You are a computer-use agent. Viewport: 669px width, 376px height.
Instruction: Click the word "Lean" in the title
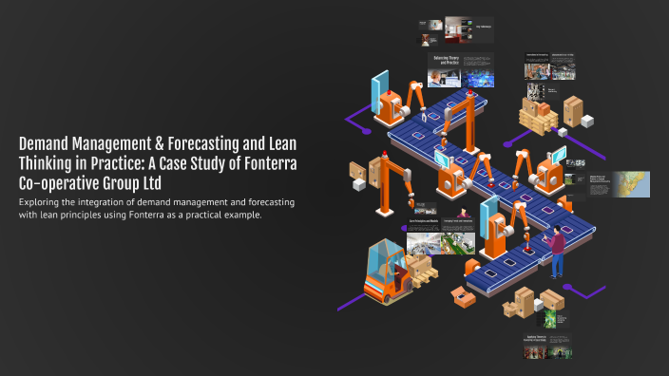(281, 144)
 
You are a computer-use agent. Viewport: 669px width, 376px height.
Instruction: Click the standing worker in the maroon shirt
(558, 252)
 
